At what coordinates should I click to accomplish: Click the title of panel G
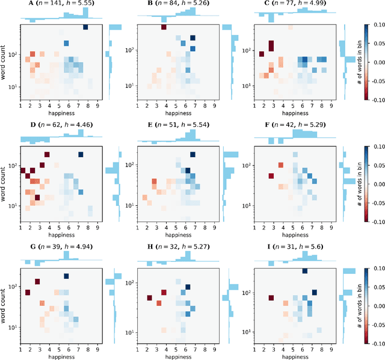coord(60,247)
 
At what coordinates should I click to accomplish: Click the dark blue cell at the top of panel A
coord(85,27)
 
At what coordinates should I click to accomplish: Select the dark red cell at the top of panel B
coord(164,27)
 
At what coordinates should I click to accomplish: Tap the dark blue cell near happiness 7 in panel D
coord(80,155)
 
